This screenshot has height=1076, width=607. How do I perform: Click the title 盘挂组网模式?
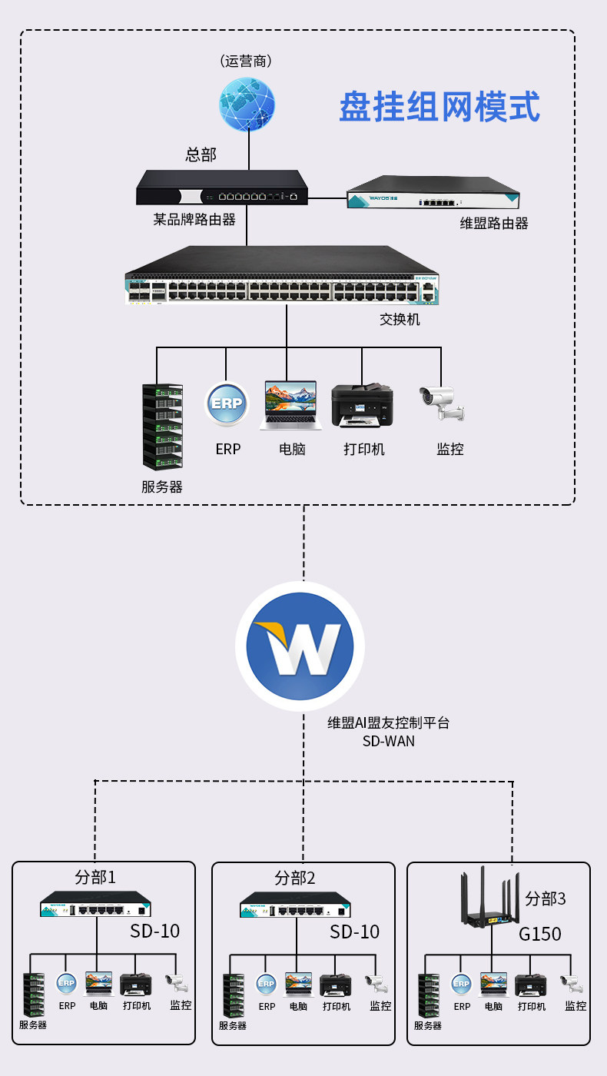click(x=439, y=108)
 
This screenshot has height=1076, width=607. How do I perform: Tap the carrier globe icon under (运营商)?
click(x=247, y=104)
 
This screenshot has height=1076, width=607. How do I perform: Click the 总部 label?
click(x=201, y=154)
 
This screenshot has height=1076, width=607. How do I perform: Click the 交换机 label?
click(x=400, y=318)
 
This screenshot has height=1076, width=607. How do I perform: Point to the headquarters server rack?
click(x=163, y=425)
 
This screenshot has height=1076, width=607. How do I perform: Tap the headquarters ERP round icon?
click(x=227, y=404)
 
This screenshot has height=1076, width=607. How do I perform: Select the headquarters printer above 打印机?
click(x=362, y=404)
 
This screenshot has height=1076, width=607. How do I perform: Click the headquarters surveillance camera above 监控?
click(x=442, y=403)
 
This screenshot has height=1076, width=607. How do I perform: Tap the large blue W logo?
click(x=300, y=646)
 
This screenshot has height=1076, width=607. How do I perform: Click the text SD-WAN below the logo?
click(x=389, y=742)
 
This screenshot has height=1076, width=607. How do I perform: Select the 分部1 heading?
click(x=95, y=877)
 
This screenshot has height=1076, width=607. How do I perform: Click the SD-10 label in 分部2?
click(x=355, y=932)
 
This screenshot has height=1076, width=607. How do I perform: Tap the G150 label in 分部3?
click(x=540, y=934)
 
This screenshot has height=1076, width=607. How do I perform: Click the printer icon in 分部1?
click(x=135, y=985)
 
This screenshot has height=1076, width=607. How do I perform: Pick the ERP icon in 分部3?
click(x=461, y=984)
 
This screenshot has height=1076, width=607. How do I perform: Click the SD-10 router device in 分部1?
click(x=96, y=905)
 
